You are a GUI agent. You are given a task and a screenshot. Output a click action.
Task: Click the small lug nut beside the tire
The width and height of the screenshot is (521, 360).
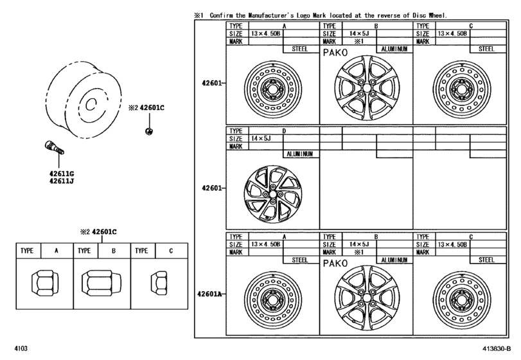point(148,131)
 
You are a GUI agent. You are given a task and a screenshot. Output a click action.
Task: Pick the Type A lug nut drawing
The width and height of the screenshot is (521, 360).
point(44,281)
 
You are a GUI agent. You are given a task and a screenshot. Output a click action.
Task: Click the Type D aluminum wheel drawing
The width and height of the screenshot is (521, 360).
point(273,192)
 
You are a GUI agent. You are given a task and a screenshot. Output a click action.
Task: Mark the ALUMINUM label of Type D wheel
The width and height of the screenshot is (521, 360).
point(300,154)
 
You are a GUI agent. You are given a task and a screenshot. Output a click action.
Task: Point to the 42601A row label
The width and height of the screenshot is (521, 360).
point(209,294)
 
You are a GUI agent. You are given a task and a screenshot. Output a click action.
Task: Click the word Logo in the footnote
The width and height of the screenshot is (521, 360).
point(324,14)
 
